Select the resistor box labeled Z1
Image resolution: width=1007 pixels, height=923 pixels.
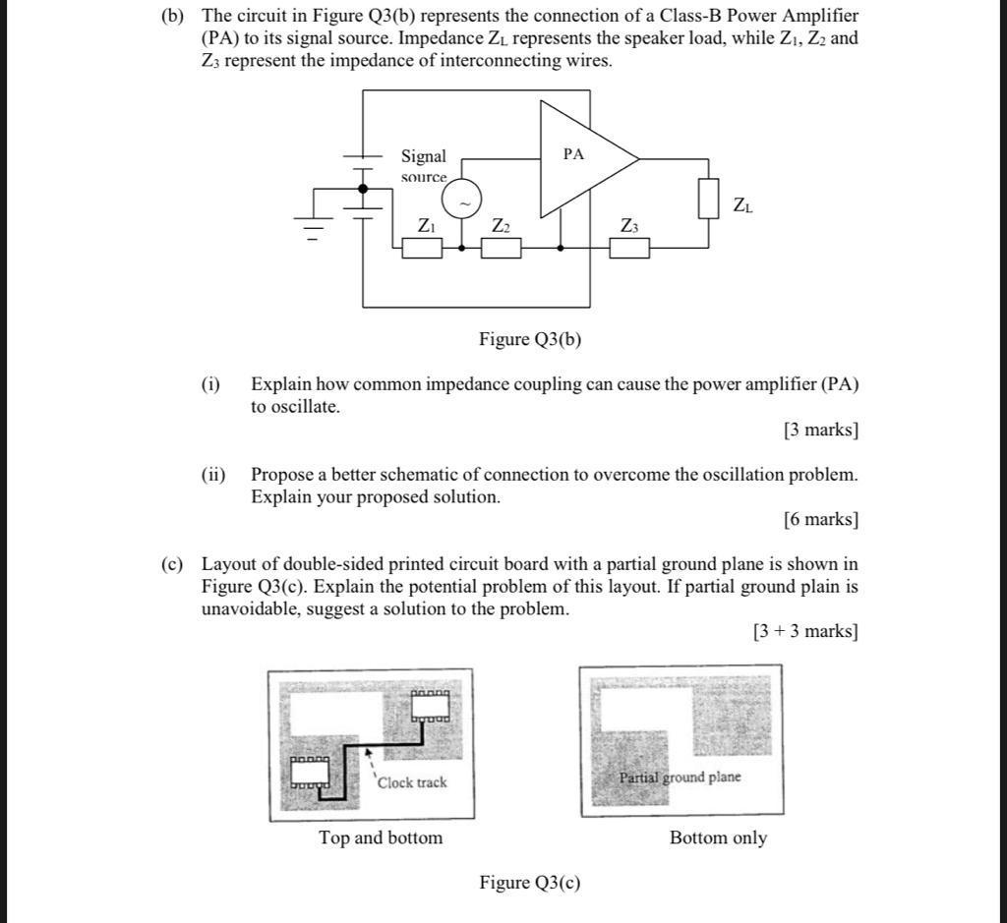[422, 248]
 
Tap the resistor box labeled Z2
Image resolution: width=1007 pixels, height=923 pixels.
[501, 248]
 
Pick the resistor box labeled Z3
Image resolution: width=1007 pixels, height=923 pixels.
[629, 248]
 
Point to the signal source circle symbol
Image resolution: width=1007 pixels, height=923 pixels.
[461, 202]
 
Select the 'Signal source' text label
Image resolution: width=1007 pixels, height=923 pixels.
[424, 166]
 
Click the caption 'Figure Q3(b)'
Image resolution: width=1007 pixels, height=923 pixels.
[530, 340]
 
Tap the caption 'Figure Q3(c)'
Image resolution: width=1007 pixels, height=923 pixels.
[530, 883]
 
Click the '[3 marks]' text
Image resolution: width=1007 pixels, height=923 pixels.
[821, 430]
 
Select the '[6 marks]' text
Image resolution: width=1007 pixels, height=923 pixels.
[821, 520]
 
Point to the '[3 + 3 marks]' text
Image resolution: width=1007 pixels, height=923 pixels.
[805, 632]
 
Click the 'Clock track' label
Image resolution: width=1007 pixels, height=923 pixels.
[412, 782]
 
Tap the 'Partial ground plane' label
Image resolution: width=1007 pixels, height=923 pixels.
[680, 778]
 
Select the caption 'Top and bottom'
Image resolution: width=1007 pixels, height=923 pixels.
[381, 838]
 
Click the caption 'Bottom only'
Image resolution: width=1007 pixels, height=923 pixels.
[718, 838]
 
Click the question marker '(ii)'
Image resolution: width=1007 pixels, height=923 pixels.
[213, 475]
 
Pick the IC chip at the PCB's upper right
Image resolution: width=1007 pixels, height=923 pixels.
[430, 707]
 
